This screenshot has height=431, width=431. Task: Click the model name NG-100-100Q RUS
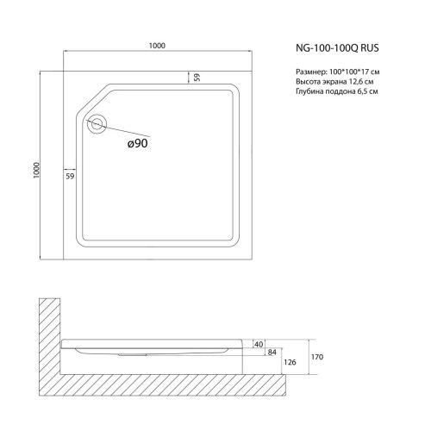pos(337,48)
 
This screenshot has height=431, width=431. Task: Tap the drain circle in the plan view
pos(97,124)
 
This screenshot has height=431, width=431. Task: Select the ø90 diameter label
pos(138,143)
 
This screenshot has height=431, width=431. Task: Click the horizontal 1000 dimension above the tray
pos(157,46)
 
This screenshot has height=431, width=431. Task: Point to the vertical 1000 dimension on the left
pos(36,170)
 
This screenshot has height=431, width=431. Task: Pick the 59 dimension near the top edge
pos(197,78)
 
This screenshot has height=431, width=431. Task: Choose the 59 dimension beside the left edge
pos(70,176)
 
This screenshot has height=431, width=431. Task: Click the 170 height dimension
pos(317,357)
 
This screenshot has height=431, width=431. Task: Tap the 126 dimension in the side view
pos(290,362)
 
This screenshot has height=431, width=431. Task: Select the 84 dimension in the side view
pos(272,352)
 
